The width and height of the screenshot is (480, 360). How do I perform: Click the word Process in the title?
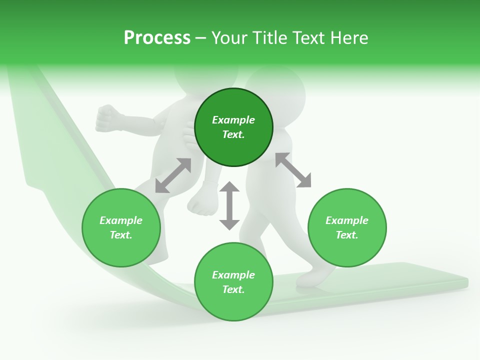(x=157, y=38)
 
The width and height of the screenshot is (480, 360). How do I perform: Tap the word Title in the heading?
(x=272, y=38)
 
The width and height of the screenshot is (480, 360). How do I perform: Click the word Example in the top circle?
(x=233, y=120)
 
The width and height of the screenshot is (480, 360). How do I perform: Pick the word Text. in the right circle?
(x=347, y=235)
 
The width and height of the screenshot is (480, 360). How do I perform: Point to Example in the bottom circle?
(x=233, y=275)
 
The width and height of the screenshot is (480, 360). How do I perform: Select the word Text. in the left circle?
(x=121, y=235)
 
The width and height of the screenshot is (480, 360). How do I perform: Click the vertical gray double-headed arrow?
(x=229, y=205)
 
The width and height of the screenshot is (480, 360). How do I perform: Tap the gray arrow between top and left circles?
(x=173, y=175)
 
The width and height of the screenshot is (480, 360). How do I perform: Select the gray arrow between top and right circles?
(x=293, y=170)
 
